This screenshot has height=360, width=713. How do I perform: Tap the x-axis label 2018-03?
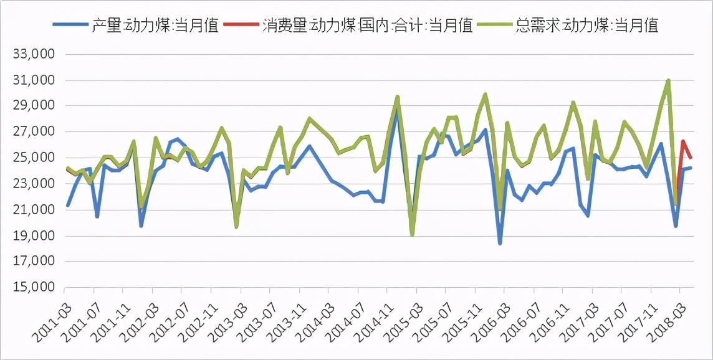click(664, 315)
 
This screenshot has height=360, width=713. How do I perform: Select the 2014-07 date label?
click(342, 315)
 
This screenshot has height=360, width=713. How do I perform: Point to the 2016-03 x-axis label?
click(489, 315)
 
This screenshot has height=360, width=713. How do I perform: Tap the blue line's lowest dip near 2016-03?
click(500, 243)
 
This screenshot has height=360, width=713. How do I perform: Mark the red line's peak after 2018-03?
click(683, 141)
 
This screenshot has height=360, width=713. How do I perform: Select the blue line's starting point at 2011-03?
click(67, 206)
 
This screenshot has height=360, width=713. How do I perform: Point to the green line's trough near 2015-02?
click(412, 234)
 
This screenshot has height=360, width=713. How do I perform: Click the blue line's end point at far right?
click(691, 168)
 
